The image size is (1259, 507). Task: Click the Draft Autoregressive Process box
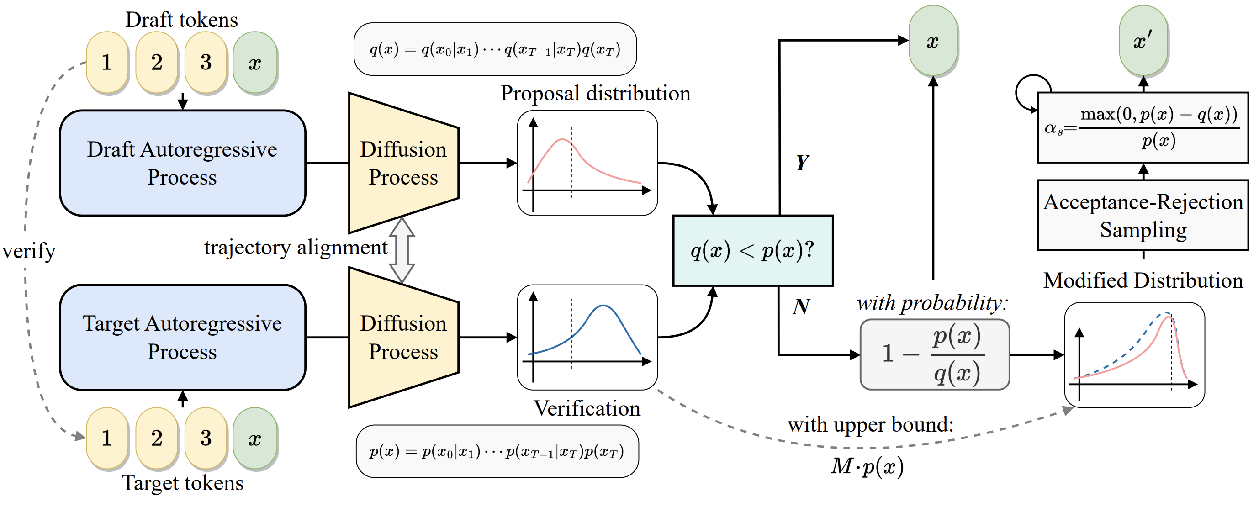pos(182,163)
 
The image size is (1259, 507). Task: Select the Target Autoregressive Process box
pos(182,337)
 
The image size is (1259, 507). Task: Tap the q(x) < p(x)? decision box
pos(753,251)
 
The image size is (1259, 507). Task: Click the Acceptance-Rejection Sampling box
pos(1143,216)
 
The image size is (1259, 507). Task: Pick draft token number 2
pos(156,62)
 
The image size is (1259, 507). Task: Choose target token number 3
pos(206,438)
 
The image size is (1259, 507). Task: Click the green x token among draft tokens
pos(254,62)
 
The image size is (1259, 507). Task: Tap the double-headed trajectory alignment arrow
pos(402,250)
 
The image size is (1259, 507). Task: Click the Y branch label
pos(802,163)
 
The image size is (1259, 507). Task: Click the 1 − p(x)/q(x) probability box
pos(934,354)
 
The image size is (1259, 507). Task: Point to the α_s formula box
pos(1143,127)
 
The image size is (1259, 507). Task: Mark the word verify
pos(29,251)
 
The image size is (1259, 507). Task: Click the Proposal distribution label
pos(595,93)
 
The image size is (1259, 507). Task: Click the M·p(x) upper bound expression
pos(867,466)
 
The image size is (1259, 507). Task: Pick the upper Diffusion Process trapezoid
pos(403,163)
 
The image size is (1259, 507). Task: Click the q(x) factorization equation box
pos(495,49)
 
